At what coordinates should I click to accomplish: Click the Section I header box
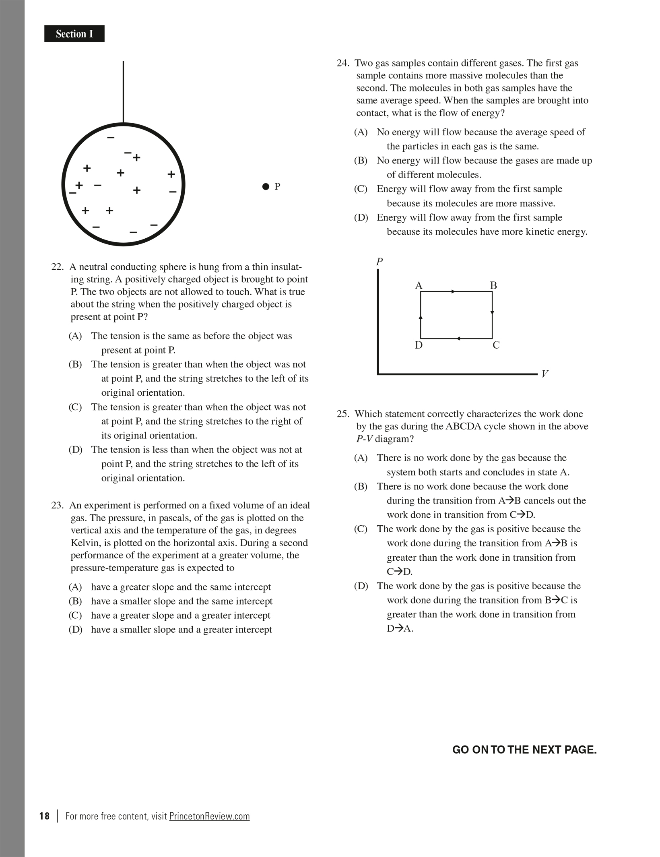point(74,34)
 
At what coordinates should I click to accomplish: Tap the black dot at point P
point(266,186)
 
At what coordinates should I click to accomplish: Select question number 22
point(58,267)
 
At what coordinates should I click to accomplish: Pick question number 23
point(58,505)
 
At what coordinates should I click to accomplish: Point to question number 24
point(343,63)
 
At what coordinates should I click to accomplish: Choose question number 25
point(343,414)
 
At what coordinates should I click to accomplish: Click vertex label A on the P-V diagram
point(419,286)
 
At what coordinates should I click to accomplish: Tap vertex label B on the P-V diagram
point(493,285)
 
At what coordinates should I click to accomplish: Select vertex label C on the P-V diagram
point(496,345)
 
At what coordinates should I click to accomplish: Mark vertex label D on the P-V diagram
point(419,345)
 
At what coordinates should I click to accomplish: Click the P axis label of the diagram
point(379,262)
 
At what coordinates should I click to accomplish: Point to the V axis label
point(544,374)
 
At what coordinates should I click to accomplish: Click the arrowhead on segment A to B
point(454,291)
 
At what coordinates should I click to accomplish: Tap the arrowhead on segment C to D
point(458,339)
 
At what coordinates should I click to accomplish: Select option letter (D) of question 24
point(361,218)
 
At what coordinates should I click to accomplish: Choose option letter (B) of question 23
point(75,601)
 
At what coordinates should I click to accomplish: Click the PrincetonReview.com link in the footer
point(209,816)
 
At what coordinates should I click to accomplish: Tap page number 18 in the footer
point(44,816)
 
